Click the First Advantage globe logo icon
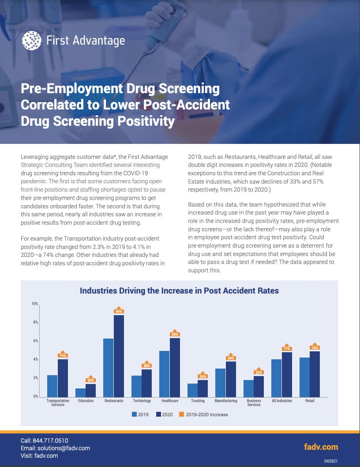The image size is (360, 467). (32, 41)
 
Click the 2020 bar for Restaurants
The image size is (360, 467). (119, 356)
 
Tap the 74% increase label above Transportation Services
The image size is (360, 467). (63, 355)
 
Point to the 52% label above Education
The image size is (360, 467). (90, 380)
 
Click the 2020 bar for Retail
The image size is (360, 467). (315, 374)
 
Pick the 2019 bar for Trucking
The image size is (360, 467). (192, 390)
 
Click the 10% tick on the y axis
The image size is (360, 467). (34, 304)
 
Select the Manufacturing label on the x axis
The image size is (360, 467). (226, 401)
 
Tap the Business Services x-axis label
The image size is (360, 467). (254, 403)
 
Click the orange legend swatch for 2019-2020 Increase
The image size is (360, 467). (182, 414)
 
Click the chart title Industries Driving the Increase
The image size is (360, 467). (179, 291)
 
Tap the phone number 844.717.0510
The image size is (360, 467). (50, 441)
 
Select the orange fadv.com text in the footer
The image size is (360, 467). (321, 447)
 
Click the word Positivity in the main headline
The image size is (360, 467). (145, 121)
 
